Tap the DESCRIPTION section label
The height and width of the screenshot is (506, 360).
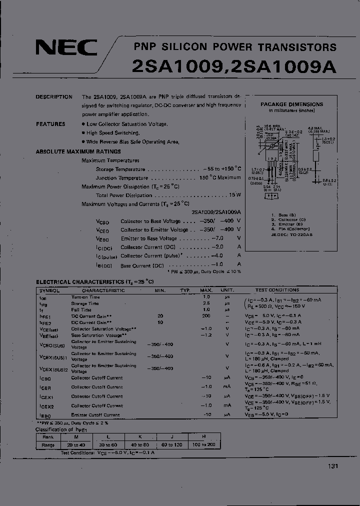(54, 97)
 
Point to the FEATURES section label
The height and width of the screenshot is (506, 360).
(50, 124)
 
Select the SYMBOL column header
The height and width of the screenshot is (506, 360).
(49, 290)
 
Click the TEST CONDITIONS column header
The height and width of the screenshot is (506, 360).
(277, 290)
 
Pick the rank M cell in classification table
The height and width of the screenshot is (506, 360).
(76, 436)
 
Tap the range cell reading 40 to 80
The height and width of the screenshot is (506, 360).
(140, 444)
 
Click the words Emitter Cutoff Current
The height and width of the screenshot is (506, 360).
(95, 414)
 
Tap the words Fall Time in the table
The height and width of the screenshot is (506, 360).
(81, 310)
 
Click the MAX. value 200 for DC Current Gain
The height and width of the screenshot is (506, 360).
(206, 316)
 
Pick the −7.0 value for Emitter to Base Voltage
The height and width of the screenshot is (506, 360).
(217, 238)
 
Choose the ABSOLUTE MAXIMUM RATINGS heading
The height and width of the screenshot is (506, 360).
(78, 151)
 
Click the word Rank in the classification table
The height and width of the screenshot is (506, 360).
(48, 436)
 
